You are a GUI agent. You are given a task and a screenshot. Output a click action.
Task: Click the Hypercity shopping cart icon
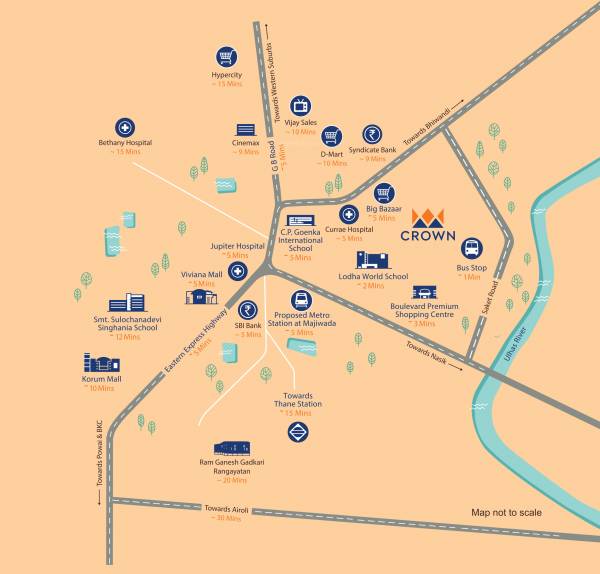(229, 58)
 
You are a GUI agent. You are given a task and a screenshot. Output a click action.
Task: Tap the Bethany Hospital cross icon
(126, 129)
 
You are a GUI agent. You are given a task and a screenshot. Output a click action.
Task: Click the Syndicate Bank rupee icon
(374, 134)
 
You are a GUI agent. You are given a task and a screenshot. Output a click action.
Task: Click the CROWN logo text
(428, 237)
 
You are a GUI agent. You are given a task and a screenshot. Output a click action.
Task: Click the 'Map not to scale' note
(506, 513)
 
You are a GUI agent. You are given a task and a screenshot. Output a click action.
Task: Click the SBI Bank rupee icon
(247, 310)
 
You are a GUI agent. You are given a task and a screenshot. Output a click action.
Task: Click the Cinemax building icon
(245, 130)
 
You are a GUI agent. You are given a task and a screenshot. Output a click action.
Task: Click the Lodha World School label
(373, 276)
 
